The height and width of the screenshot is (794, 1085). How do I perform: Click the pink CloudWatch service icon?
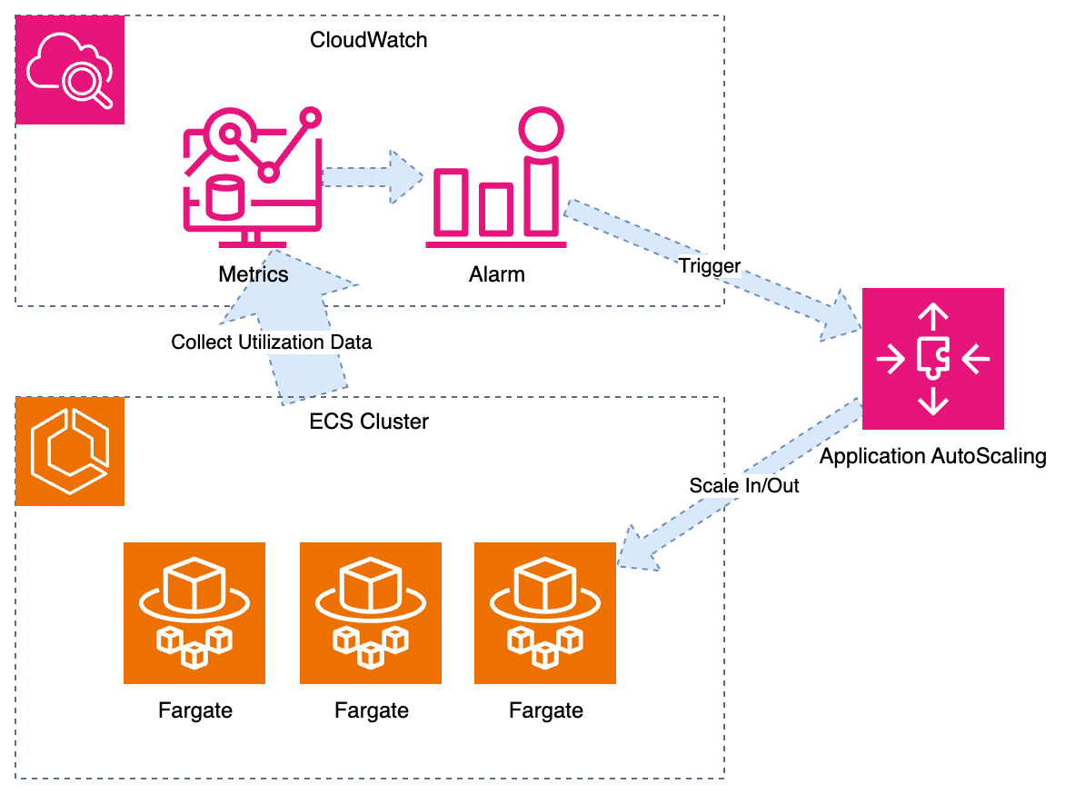point(70,70)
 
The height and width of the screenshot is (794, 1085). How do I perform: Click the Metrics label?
point(254,273)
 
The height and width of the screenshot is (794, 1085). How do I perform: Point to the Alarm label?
point(498,273)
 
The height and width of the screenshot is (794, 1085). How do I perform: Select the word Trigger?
point(710,266)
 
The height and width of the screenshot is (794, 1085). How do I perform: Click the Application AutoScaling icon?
point(932,359)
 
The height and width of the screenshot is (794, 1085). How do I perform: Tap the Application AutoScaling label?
point(932,456)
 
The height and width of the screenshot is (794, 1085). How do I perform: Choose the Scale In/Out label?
point(744,485)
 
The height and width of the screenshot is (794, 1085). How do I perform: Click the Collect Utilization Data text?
point(272,342)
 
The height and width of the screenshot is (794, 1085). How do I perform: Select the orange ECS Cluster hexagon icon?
point(70,452)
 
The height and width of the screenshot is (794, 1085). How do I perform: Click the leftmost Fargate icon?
point(194,613)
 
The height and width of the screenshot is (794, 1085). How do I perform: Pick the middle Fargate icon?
point(371,613)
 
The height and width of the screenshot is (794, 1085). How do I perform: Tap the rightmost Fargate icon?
point(545,613)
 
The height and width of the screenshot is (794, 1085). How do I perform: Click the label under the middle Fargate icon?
point(371,710)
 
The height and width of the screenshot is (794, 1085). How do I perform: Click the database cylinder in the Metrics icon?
point(227,197)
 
